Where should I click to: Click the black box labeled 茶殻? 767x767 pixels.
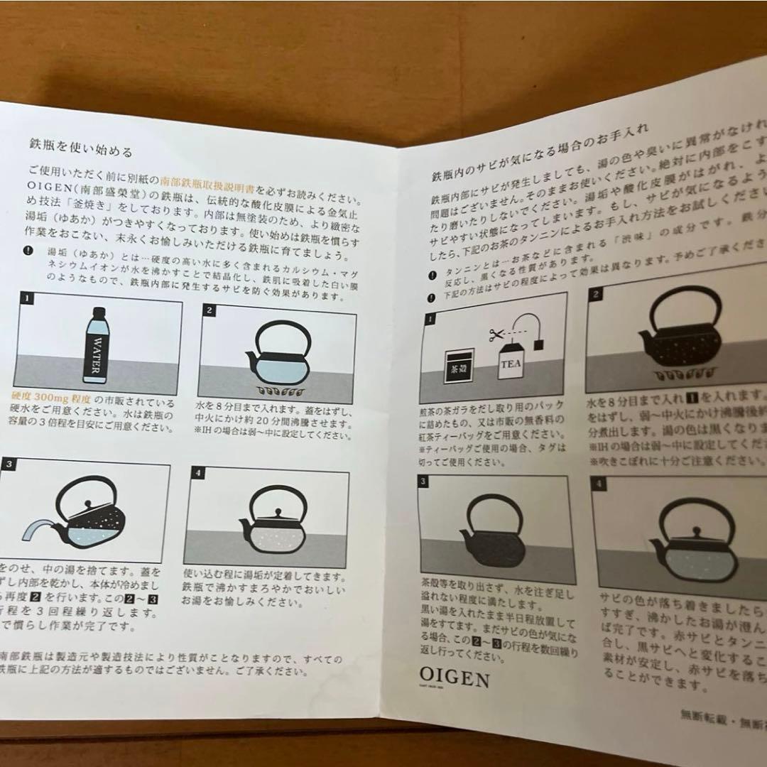tap(459, 366)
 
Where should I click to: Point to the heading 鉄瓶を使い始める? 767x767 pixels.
tap(81, 151)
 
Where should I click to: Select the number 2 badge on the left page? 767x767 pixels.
tap(210, 310)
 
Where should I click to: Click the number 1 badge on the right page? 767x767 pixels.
tap(430, 319)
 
